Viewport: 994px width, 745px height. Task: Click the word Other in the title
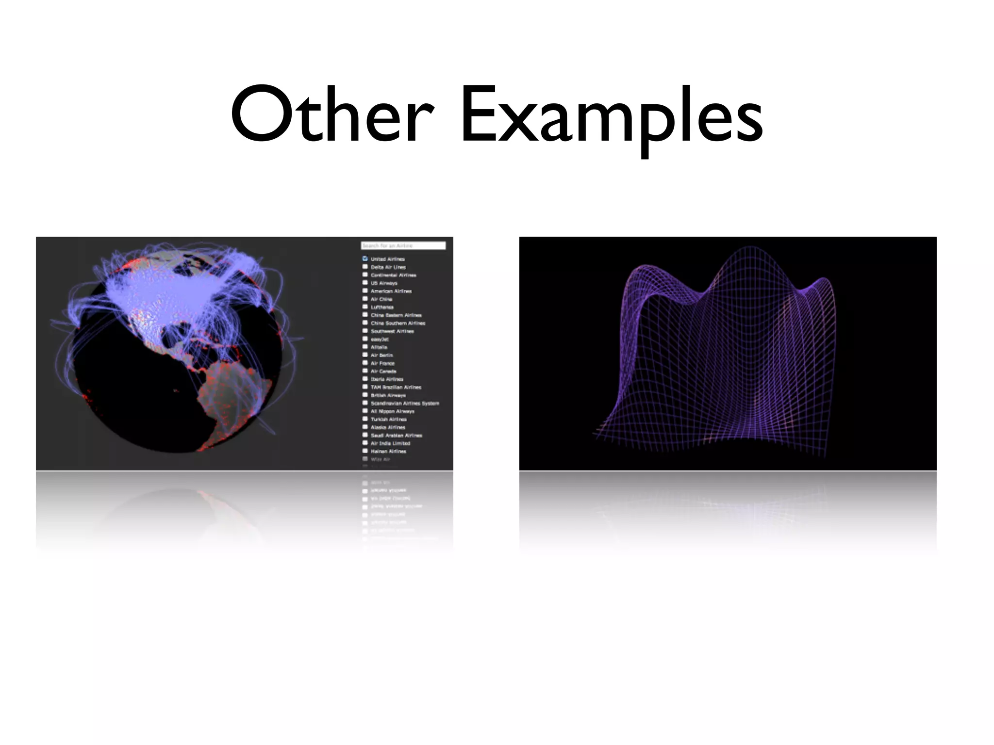[331, 116]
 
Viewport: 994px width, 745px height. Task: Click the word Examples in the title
[612, 116]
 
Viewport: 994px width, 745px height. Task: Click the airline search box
[403, 246]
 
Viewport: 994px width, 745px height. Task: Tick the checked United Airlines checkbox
[365, 259]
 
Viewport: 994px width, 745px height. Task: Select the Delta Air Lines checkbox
[365, 267]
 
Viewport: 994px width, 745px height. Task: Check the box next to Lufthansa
[365, 307]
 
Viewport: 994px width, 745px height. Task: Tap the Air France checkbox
[365, 363]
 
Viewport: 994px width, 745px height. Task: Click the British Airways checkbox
[365, 395]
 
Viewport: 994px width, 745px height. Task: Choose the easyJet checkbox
[365, 339]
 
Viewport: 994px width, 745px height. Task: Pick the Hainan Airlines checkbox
[365, 451]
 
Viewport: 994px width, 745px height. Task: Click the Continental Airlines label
[393, 275]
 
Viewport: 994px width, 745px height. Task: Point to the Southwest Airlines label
[392, 331]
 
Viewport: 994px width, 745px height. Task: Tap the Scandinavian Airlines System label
[405, 403]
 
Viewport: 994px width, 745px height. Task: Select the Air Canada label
[383, 371]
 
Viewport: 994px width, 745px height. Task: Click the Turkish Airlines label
[389, 419]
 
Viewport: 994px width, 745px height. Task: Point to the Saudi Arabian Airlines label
[396, 435]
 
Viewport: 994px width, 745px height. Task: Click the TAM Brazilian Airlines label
[396, 387]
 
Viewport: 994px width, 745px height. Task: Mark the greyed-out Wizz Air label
[381, 459]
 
